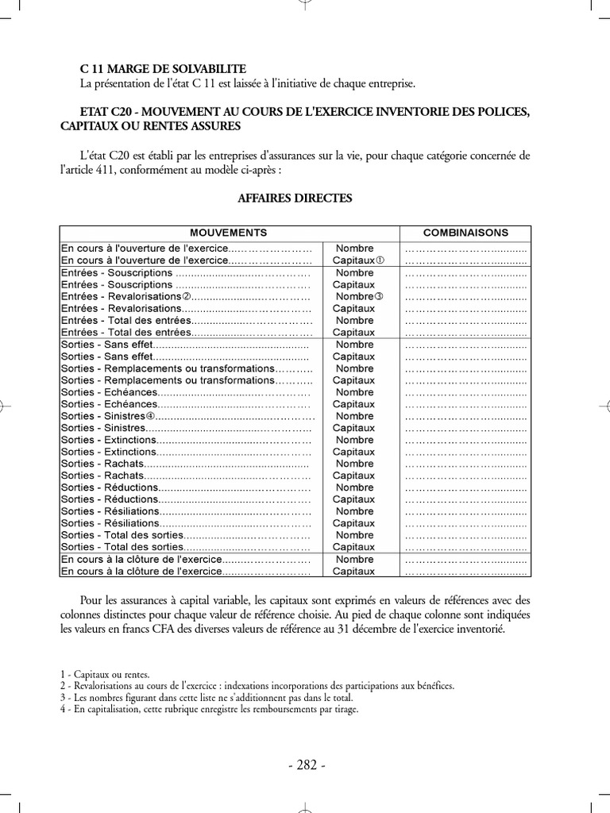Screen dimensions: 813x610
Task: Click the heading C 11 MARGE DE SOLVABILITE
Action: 163,69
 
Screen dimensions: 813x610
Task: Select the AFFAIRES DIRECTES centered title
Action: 295,198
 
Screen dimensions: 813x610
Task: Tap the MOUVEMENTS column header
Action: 228,233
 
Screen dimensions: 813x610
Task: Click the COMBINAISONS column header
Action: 466,233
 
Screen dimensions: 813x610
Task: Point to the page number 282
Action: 305,765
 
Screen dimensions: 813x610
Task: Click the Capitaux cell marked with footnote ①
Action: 358,260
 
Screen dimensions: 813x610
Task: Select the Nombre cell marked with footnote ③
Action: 359,296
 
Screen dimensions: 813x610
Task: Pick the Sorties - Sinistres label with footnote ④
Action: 107,416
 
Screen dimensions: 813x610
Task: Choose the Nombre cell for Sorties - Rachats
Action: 354,464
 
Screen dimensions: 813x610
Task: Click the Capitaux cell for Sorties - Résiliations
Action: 353,523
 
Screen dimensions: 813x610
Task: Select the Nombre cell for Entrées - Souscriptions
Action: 354,272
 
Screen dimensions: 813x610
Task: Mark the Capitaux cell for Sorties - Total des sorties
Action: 353,547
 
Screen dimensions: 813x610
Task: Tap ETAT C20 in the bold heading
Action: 110,112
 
